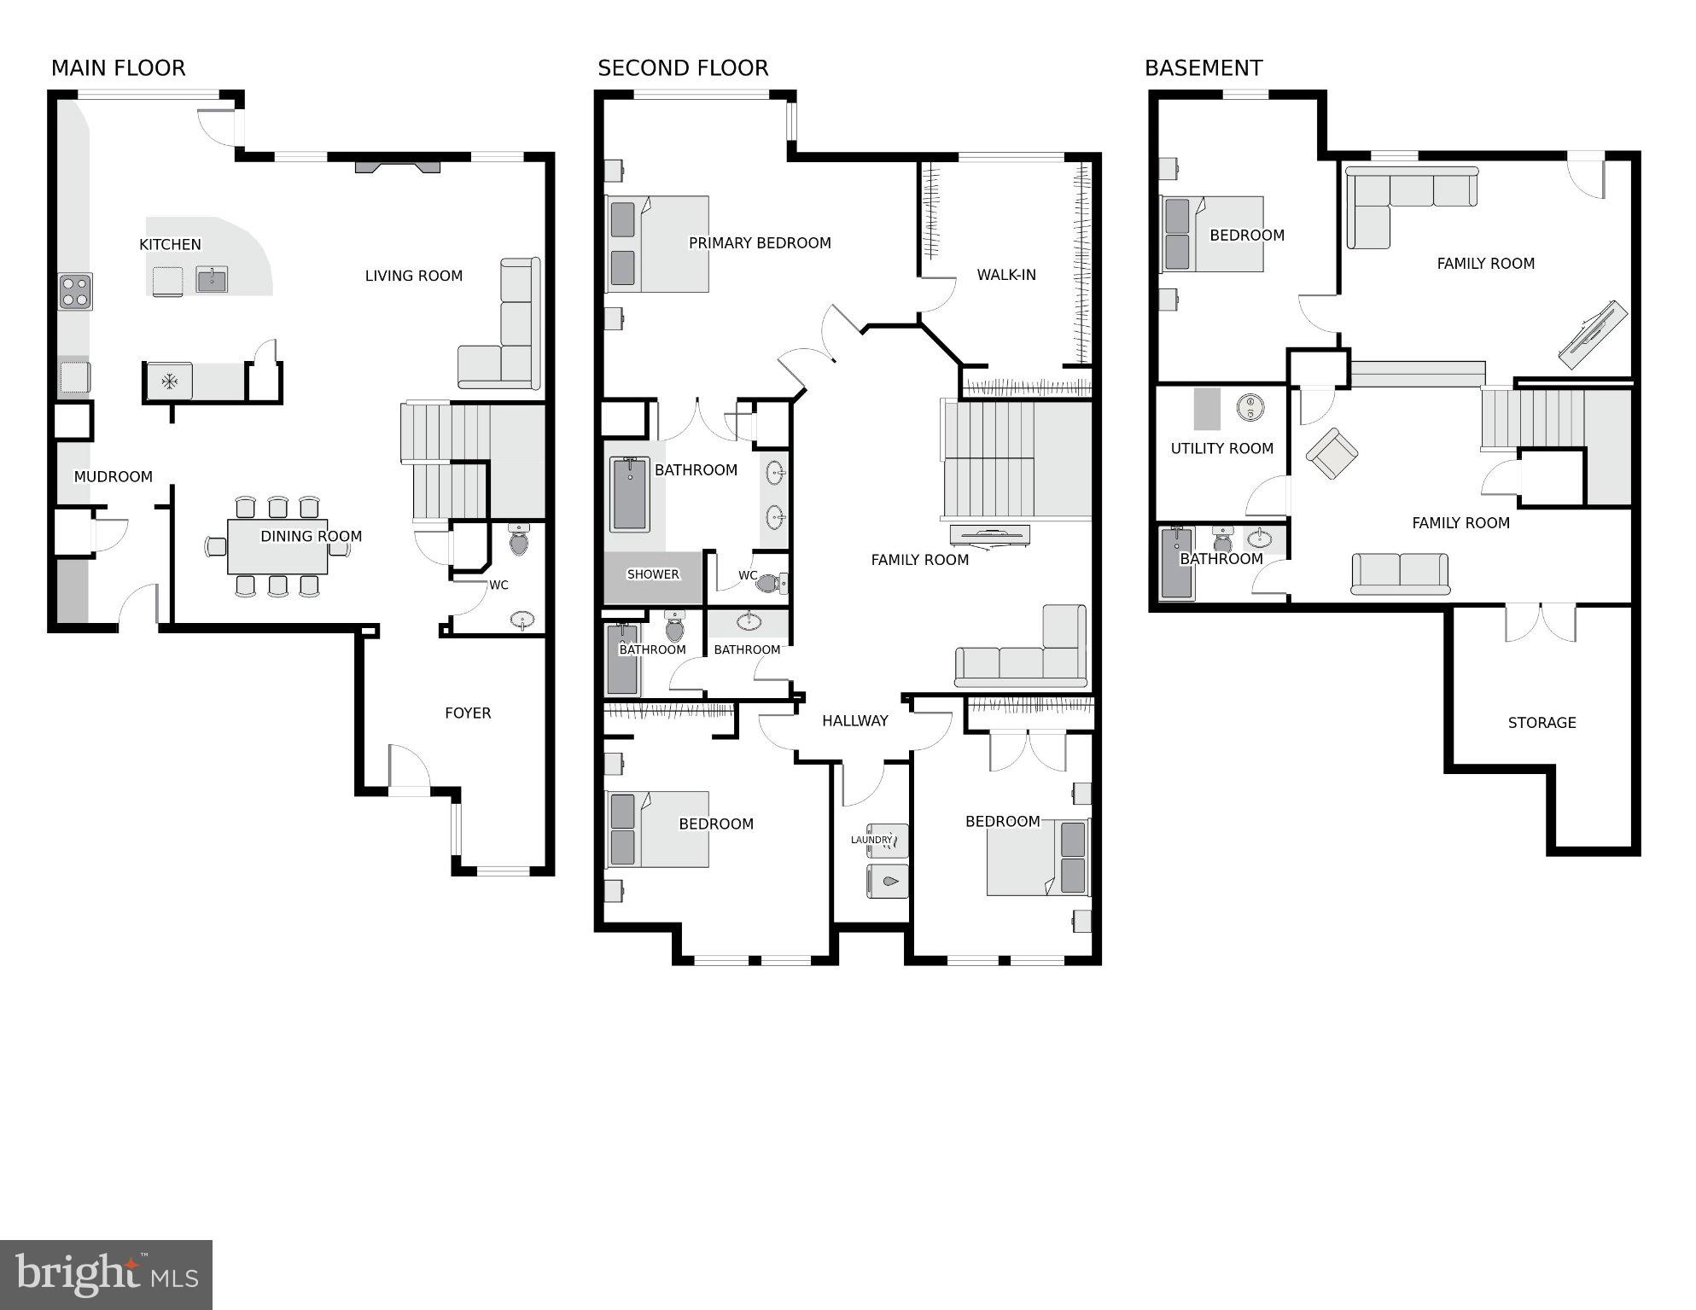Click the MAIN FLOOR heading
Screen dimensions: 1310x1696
[x=118, y=68]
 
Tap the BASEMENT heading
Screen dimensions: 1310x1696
[x=1203, y=68]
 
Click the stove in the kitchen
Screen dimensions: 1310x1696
[x=75, y=291]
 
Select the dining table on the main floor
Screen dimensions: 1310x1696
[x=277, y=547]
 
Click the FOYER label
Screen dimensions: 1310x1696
[x=468, y=713]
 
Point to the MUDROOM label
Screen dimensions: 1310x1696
[x=113, y=477]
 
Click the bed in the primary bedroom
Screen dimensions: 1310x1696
[x=657, y=244]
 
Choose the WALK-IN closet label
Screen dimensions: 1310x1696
[x=1005, y=275]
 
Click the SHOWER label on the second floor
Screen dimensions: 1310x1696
[x=653, y=574]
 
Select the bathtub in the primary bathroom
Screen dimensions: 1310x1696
[x=630, y=494]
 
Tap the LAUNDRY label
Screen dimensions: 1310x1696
[x=871, y=840]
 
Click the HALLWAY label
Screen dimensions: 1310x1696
[x=854, y=721]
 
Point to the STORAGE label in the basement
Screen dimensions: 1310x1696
[x=1541, y=723]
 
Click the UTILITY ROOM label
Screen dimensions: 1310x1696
[x=1221, y=449]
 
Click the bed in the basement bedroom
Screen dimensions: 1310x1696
[x=1212, y=235]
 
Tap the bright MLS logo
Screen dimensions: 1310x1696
[x=106, y=1275]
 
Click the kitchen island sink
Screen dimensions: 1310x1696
[x=211, y=279]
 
